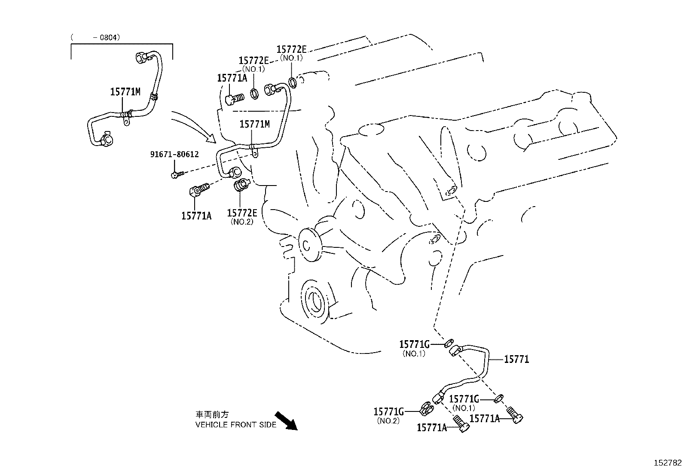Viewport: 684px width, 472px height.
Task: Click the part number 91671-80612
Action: [x=174, y=154]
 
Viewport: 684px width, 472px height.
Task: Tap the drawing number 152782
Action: [x=667, y=463]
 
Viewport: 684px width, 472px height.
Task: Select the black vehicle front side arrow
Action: [x=286, y=420]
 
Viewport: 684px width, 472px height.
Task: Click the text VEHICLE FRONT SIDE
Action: [x=236, y=425]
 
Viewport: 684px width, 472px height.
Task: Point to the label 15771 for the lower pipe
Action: [x=516, y=359]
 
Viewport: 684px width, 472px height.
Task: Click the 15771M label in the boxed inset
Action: [x=125, y=91]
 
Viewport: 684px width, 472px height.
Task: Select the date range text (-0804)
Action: [x=95, y=37]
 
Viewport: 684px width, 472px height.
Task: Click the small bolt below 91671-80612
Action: [x=177, y=174]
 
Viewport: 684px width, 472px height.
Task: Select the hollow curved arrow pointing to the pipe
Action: [x=194, y=126]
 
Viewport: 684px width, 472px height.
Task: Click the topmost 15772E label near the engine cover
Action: [x=292, y=50]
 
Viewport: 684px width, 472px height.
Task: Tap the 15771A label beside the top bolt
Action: [x=232, y=78]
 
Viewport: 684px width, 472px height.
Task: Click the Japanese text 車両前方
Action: [x=212, y=415]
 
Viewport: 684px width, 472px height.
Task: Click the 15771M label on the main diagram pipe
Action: [x=254, y=124]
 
